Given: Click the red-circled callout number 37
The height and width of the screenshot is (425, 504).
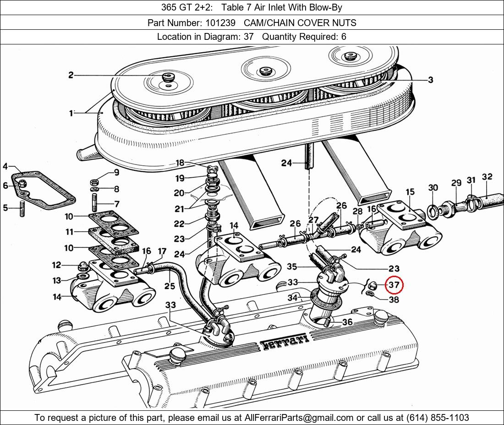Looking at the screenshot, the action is point(394,284).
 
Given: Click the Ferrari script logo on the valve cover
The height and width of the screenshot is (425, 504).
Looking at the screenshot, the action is point(285,342).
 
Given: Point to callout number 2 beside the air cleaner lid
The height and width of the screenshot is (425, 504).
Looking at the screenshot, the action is point(71,75).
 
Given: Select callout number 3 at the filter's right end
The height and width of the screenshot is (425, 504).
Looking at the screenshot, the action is point(430,80).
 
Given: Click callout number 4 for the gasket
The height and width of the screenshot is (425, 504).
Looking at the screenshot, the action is point(5,166).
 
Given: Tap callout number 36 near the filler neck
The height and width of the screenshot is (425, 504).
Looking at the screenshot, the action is point(347,321).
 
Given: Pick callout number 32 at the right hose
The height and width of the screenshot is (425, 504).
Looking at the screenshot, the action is point(488,177).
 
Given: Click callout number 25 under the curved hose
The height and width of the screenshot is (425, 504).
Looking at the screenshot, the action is point(170,286).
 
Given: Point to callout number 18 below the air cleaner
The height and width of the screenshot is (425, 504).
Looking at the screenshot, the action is point(180,163).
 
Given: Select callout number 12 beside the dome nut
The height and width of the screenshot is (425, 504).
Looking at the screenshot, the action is point(56,265).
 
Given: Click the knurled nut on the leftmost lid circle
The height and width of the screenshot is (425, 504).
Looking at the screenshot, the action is point(167,77).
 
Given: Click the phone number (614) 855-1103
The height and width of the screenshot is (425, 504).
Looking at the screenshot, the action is point(438,418).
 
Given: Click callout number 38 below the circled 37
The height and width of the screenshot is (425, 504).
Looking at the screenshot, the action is point(394,300).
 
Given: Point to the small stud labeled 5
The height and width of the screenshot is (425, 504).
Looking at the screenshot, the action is point(22,208).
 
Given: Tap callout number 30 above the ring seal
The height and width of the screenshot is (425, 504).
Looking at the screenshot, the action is point(433,187).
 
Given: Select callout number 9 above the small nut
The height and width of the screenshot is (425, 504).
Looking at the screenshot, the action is point(116,173).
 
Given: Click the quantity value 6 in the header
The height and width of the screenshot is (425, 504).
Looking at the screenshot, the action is point(344,37).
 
